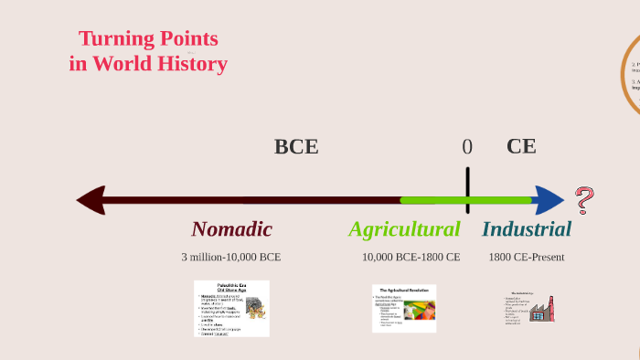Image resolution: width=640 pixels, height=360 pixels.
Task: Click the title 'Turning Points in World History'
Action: point(148,51)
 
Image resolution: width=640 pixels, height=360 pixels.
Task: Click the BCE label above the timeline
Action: point(296,146)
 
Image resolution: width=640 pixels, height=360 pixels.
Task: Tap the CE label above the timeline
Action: point(521,146)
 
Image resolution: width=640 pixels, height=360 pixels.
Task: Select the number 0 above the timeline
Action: point(467,147)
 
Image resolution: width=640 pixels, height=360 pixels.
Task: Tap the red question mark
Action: point(584,199)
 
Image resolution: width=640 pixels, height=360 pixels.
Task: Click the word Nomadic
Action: point(231,229)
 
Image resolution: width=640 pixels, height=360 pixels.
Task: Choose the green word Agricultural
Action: point(404,229)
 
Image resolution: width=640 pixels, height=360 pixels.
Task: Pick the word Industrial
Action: point(527,229)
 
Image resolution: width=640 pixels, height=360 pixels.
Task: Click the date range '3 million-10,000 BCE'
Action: point(231,257)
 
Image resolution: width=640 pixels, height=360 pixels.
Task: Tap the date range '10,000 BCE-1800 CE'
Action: point(411,257)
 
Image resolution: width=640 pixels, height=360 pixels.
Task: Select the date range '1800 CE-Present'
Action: point(527,257)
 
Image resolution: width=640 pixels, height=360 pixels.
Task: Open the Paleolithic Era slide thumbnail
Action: point(231,309)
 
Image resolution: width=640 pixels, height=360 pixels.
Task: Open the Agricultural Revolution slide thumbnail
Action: point(404,308)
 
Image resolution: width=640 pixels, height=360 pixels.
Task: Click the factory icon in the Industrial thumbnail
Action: point(541,309)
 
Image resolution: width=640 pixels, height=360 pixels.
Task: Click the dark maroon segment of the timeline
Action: point(247,200)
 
